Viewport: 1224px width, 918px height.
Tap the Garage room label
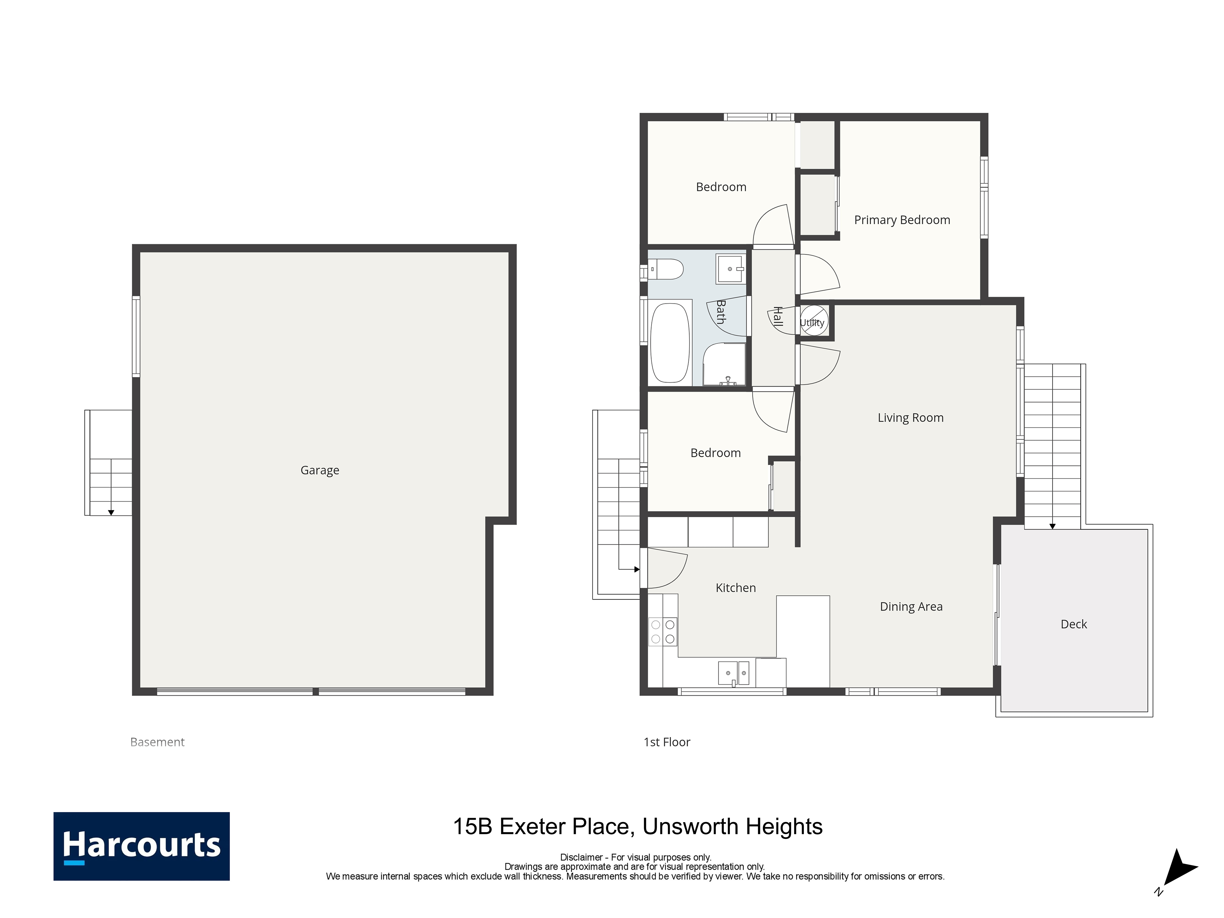[x=320, y=470]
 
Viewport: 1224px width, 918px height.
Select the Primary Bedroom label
[x=902, y=220]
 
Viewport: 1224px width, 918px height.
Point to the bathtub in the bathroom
[x=670, y=343]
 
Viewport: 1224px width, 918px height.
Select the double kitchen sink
[x=734, y=673]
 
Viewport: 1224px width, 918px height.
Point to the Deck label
[x=1073, y=624]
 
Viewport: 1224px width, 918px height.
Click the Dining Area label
[x=911, y=606]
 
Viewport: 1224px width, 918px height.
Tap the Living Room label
[x=911, y=418]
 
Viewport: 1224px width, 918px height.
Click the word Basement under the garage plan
[x=157, y=742]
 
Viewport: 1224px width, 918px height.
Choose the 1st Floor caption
[x=667, y=742]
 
